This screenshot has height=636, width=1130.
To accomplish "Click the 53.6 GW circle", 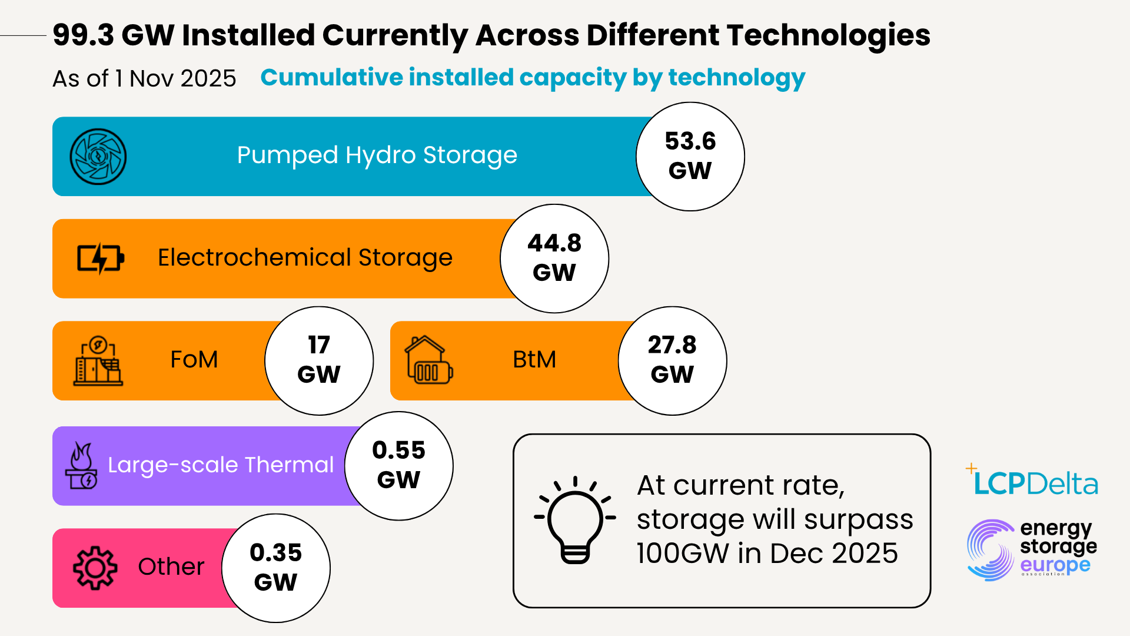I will click(x=690, y=157).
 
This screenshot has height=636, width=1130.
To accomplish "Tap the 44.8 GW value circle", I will click(x=554, y=259).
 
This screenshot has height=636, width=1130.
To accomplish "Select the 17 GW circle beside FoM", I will click(x=318, y=360).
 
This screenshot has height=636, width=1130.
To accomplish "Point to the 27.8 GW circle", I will click(x=672, y=360).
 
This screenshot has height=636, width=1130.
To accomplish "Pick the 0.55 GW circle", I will click(x=398, y=465).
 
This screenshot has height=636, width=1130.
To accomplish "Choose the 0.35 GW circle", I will click(x=275, y=568).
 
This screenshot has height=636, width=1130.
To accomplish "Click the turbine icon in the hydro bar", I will click(x=98, y=157).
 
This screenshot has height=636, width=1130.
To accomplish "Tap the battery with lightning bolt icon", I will click(x=100, y=259).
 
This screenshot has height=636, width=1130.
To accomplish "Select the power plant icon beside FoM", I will click(x=98, y=360).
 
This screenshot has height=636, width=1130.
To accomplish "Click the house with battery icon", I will click(x=428, y=360).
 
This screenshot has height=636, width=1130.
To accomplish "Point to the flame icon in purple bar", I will click(x=82, y=465).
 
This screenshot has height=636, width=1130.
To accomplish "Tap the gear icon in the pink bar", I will click(x=95, y=568).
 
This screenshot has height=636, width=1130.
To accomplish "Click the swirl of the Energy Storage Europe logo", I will click(x=991, y=550).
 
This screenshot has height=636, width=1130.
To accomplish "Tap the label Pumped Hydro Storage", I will click(x=377, y=155).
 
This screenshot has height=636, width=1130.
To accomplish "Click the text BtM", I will click(x=534, y=360).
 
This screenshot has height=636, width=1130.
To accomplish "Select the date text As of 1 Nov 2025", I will click(x=144, y=78).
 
